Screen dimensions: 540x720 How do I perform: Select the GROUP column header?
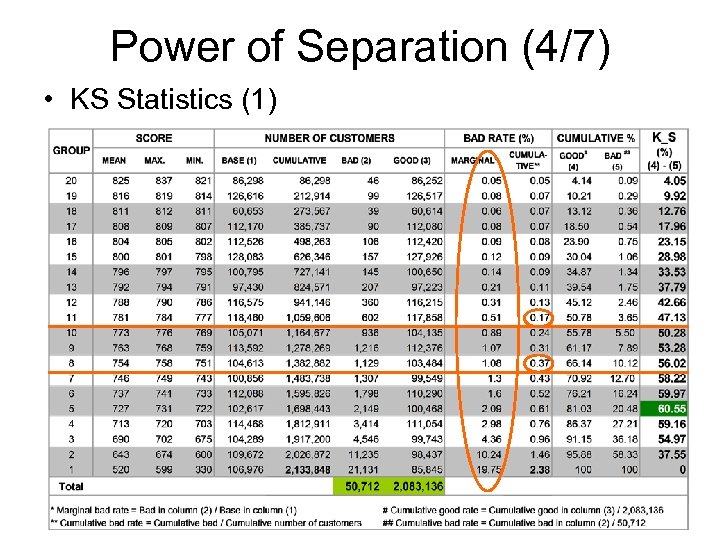pos(71,149)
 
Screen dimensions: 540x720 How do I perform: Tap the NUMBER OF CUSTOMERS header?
pos(330,138)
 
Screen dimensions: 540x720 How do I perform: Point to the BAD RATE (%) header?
pos(499,138)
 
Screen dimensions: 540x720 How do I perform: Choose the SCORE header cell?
pos(153,138)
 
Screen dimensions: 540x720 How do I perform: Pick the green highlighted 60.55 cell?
pos(670,408)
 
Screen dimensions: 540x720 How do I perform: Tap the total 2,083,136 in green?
pos(416,485)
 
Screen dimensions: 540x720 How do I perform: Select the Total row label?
pos(71,485)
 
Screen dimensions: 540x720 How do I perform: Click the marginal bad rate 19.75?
pos(488,468)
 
